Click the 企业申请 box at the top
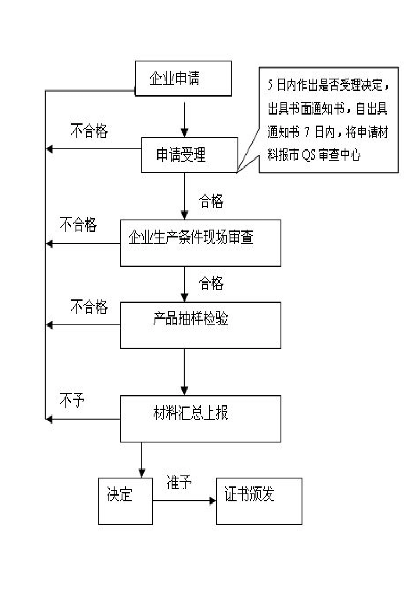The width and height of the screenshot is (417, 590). pyautogui.click(x=183, y=79)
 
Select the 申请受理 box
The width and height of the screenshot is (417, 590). pyautogui.click(x=189, y=155)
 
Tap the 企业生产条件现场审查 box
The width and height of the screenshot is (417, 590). pyautogui.click(x=200, y=243)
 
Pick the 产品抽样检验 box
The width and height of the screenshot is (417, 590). pyautogui.click(x=200, y=325)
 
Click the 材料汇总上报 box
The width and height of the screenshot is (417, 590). pyautogui.click(x=200, y=418)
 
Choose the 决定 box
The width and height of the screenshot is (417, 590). pyautogui.click(x=125, y=501)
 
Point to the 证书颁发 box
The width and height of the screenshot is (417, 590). pyautogui.click(x=259, y=501)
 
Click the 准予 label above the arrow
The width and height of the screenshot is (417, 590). pyautogui.click(x=179, y=482)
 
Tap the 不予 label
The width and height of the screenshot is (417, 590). pyautogui.click(x=72, y=400)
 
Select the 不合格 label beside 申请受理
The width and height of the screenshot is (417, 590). pyautogui.click(x=89, y=131)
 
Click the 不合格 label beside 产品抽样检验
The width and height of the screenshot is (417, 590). pyautogui.click(x=89, y=306)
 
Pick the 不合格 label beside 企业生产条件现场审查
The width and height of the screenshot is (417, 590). pyautogui.click(x=78, y=225)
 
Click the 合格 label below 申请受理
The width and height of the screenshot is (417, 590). pyautogui.click(x=211, y=201)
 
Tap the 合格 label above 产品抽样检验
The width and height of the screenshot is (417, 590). pyautogui.click(x=211, y=283)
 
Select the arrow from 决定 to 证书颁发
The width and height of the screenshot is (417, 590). pyautogui.click(x=184, y=500)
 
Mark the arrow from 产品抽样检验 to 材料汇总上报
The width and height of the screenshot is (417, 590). pyautogui.click(x=184, y=371)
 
